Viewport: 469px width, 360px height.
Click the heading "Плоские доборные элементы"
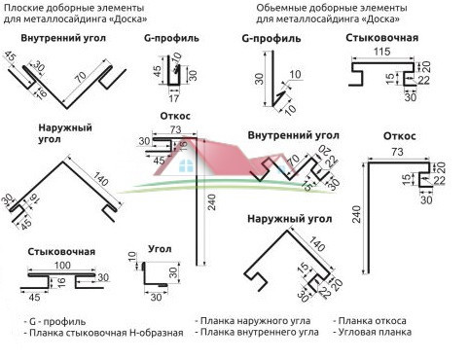click(x=64, y=7)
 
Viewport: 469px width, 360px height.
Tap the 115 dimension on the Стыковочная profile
click(x=380, y=51)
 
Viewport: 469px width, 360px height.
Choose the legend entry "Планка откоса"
click(x=372, y=319)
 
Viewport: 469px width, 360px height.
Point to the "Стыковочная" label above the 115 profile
click(x=381, y=37)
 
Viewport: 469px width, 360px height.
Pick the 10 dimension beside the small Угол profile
click(x=132, y=255)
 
